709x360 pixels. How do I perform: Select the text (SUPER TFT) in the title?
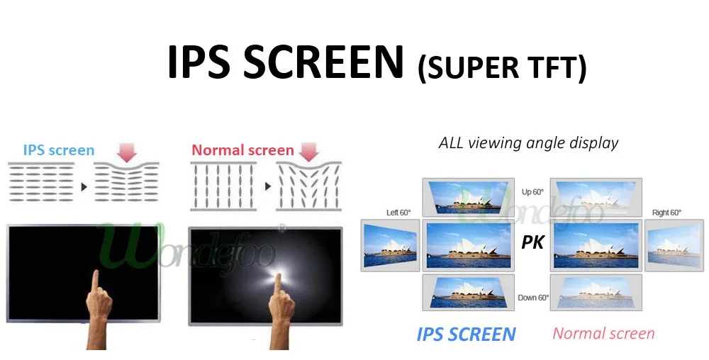pos(503,69)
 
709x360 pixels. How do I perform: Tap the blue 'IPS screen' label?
pos(59,150)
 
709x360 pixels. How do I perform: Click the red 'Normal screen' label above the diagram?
pos(242,150)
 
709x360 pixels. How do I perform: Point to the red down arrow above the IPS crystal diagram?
pos(127,152)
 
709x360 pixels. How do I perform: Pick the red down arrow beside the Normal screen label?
pos(309,152)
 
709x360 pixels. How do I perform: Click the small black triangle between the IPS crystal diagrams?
pos(84,186)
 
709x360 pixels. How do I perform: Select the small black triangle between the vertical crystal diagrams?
pos(268,186)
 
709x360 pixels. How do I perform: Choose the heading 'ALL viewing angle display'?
pos(529,142)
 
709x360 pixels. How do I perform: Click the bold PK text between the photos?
pos(532,242)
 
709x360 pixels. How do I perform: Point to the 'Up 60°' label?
pos(532,192)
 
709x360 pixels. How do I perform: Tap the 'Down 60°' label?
pos(534,298)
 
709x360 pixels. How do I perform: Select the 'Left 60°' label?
pos(398,213)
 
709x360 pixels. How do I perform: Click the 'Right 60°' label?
pos(666,213)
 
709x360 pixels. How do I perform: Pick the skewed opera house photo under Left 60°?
pos(390,245)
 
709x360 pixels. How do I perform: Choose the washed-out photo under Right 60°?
pos(674,245)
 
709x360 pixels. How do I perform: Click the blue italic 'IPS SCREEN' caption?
pos(467,334)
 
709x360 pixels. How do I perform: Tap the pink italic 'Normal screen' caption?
pos(603,333)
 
